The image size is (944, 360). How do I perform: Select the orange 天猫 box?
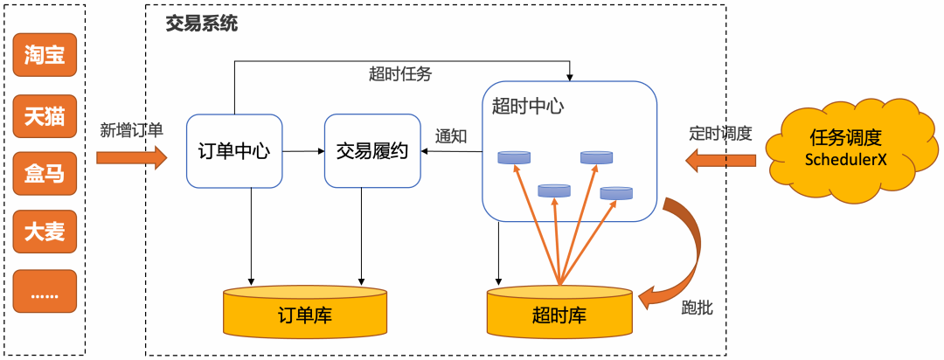click(45, 115)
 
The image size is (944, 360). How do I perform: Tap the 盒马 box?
click(45, 174)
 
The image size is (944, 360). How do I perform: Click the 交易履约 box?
click(372, 150)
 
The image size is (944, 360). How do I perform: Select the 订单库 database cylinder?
click(304, 312)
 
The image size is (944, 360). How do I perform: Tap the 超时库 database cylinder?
click(559, 312)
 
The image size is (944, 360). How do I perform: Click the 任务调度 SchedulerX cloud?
click(845, 149)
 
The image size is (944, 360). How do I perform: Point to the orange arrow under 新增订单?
click(131, 158)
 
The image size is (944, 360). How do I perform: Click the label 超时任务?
click(399, 74)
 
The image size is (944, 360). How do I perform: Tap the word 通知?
click(451, 136)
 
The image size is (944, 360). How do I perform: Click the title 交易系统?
click(201, 24)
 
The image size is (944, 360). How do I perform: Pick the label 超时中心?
click(527, 107)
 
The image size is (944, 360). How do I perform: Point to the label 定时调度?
click(720, 134)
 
